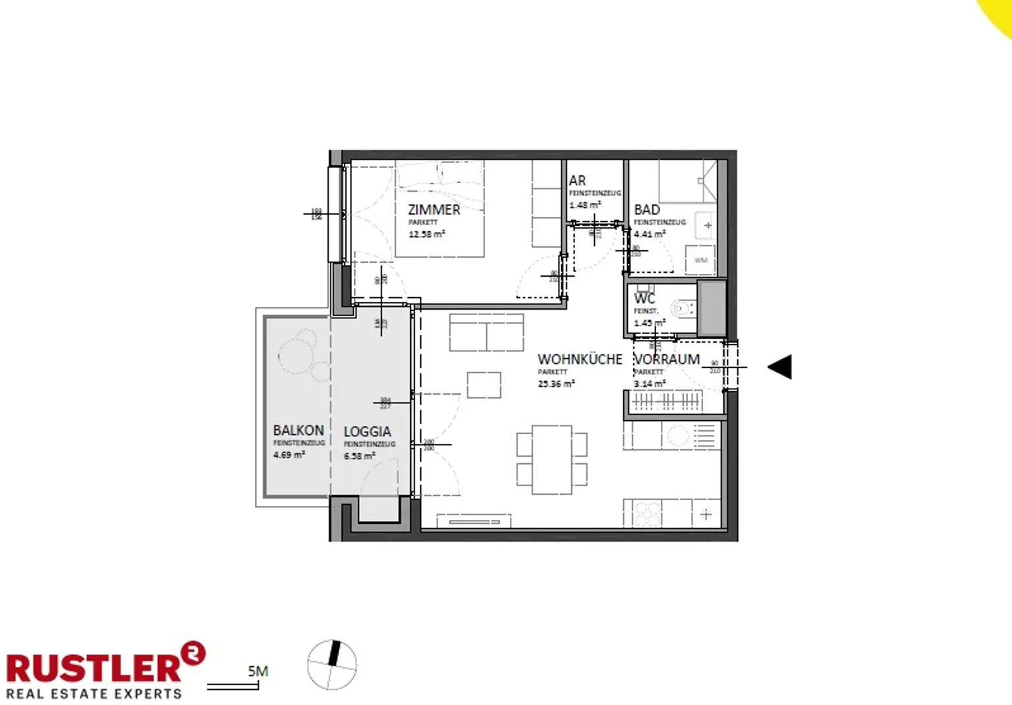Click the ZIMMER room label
(434, 210)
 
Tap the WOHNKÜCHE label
(580, 360)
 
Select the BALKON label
(298, 430)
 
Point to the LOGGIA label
(367, 432)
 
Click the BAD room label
(647, 210)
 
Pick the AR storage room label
(578, 181)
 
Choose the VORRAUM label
(667, 360)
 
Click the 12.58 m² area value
(426, 234)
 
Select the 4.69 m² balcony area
(289, 455)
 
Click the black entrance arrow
(780, 367)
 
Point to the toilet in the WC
(681, 308)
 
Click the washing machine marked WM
(700, 260)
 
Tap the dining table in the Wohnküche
(552, 459)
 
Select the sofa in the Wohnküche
(486, 333)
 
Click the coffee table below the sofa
(484, 385)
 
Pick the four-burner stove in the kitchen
(646, 513)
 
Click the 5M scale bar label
(258, 671)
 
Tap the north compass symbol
(332, 665)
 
